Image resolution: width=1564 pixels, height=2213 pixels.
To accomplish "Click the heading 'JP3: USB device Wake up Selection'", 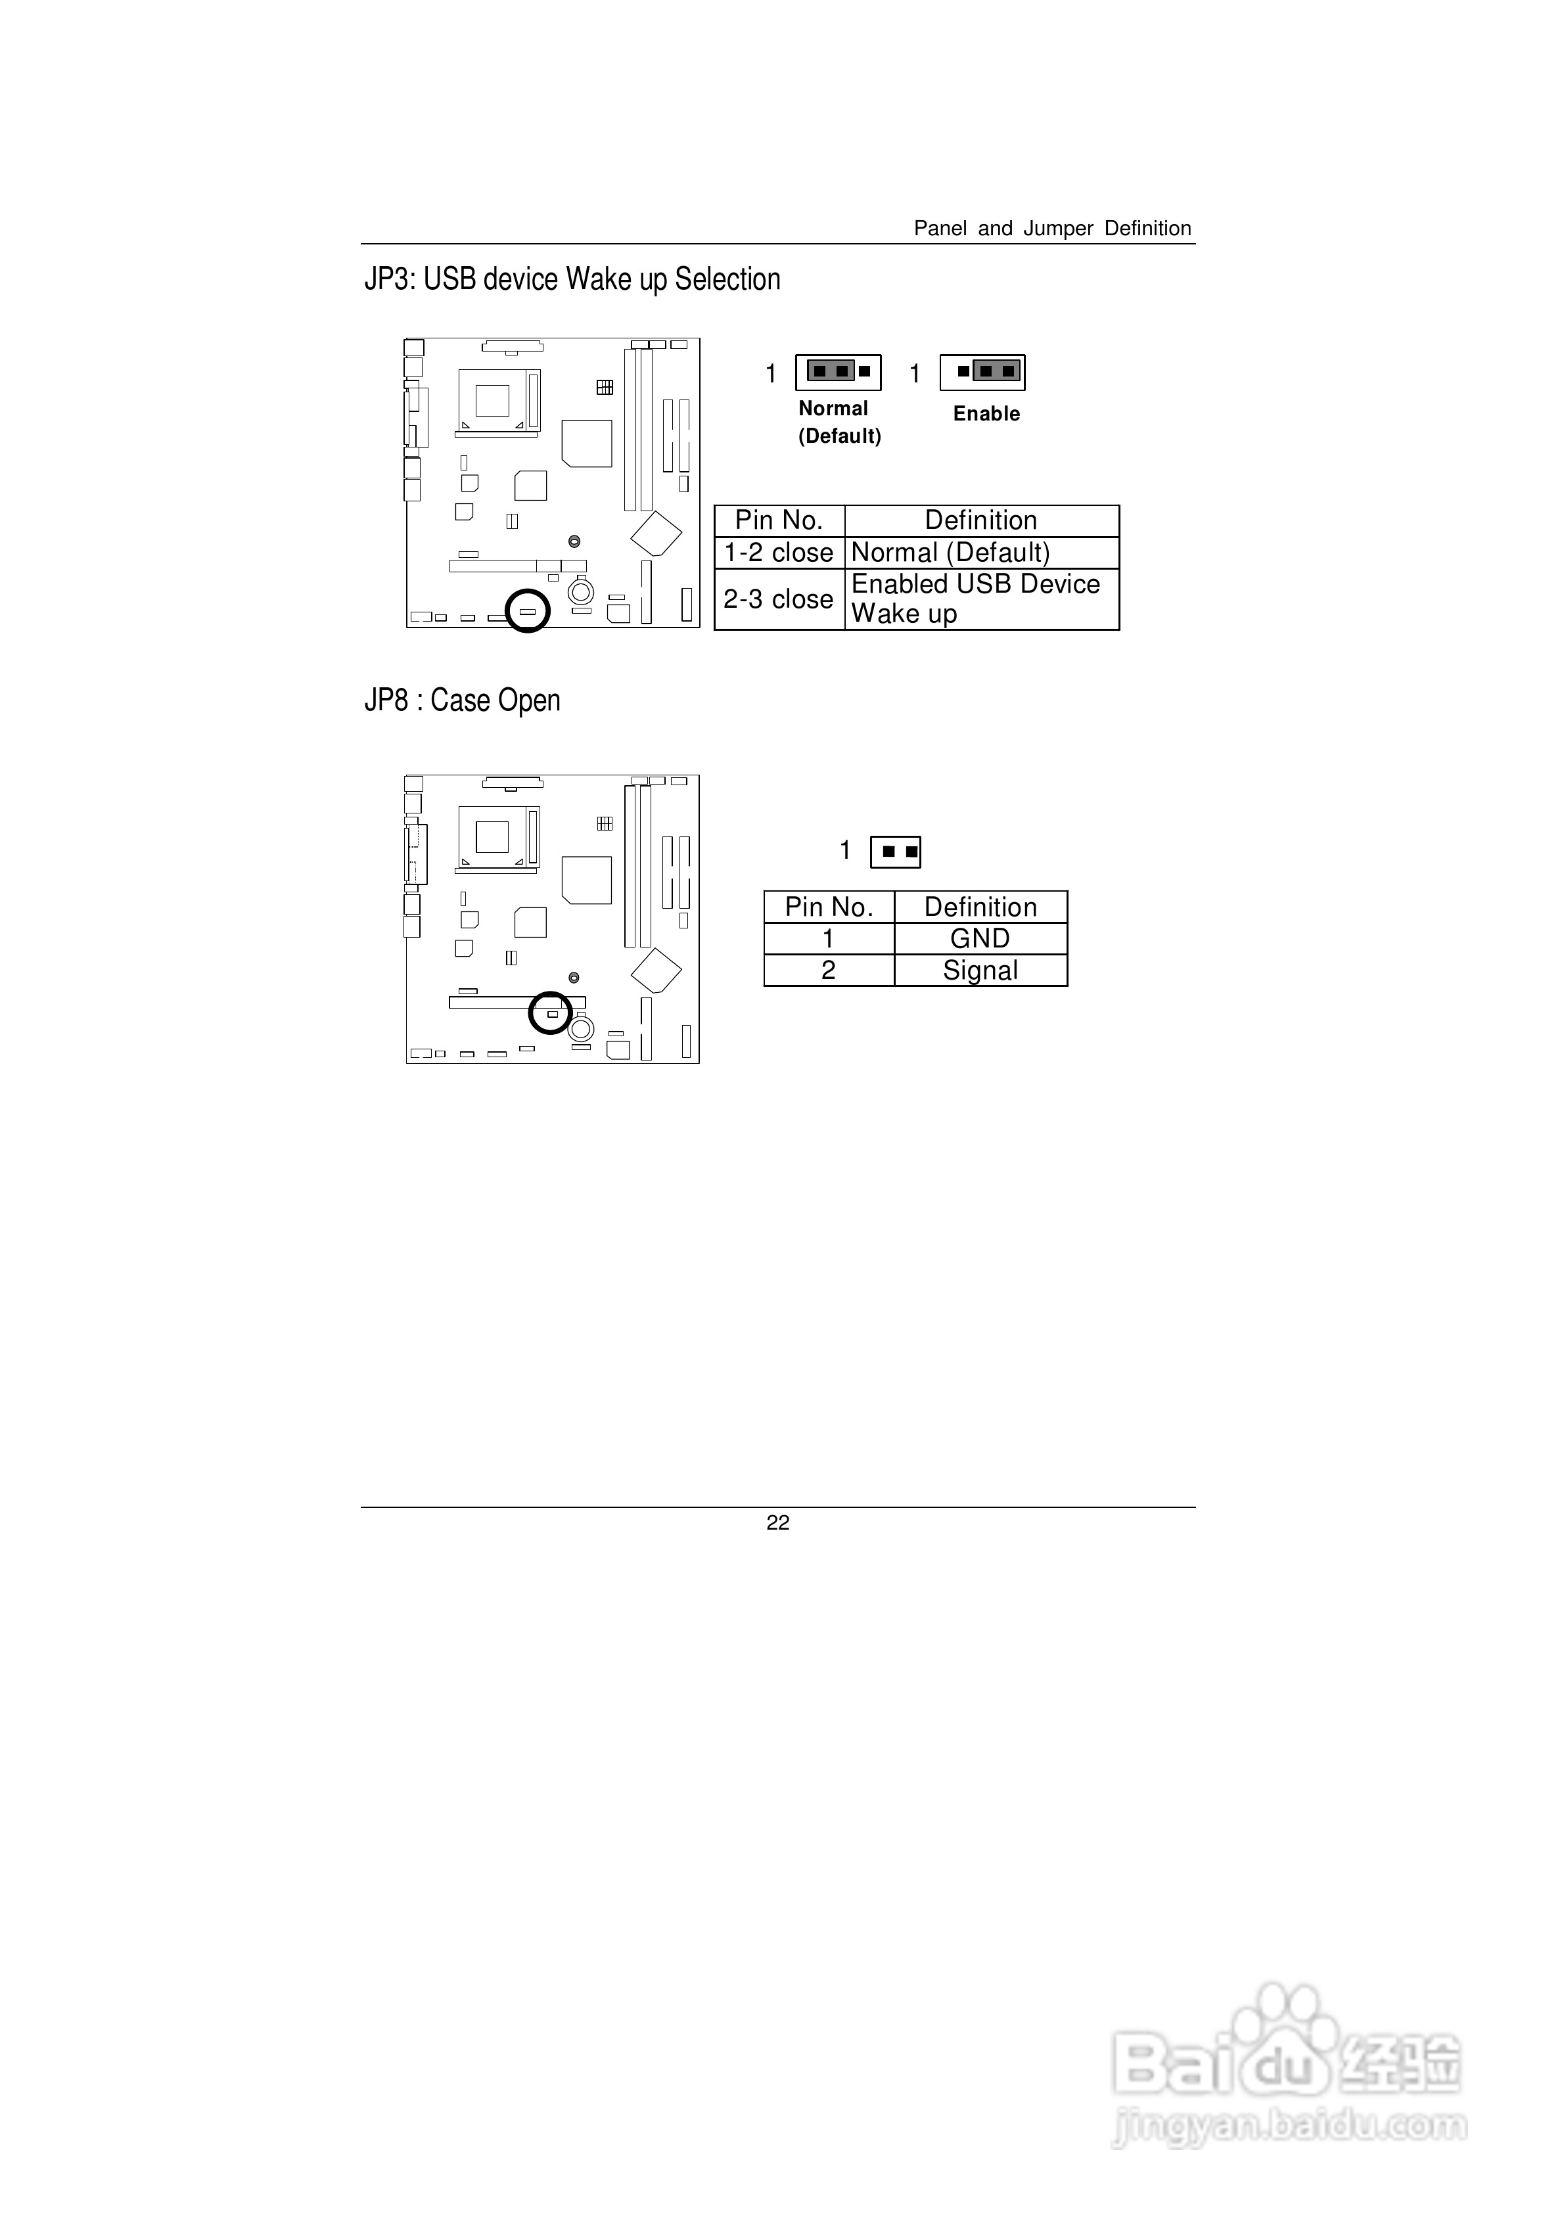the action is (x=572, y=279).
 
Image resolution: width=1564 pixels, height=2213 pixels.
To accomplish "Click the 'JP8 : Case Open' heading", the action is (x=462, y=700).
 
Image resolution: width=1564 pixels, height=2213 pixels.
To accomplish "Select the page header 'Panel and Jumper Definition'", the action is (x=1052, y=229).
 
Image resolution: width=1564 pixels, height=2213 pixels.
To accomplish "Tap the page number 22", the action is (x=777, y=1523).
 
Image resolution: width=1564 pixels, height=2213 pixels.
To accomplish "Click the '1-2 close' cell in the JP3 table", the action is (x=778, y=553).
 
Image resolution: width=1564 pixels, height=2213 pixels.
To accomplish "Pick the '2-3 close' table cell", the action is (x=778, y=599).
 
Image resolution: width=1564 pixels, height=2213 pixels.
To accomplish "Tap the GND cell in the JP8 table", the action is (x=980, y=939).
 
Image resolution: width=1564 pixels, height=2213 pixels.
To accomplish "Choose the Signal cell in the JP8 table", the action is (x=980, y=970).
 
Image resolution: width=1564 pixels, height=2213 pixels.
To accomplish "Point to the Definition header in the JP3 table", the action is (x=980, y=520).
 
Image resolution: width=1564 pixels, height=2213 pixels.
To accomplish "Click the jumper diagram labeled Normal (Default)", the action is (x=838, y=372).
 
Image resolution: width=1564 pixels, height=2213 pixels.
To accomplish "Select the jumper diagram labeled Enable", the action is (x=982, y=372).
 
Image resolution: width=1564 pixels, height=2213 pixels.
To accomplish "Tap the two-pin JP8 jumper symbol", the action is (x=895, y=852).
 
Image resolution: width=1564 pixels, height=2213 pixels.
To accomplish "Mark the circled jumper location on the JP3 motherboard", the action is (x=528, y=611).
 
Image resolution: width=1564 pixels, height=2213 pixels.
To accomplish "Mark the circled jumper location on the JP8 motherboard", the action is (x=551, y=1013).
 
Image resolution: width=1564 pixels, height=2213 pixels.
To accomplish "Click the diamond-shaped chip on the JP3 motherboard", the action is (x=656, y=533).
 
